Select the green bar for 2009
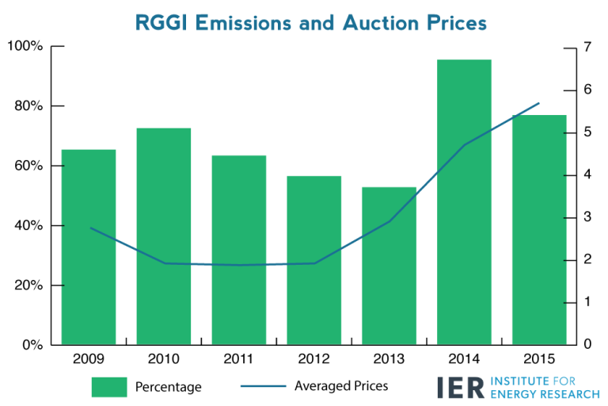[89, 247]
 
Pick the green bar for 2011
[239, 250]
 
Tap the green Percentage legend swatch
[108, 387]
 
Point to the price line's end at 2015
[539, 103]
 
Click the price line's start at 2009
[89, 228]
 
